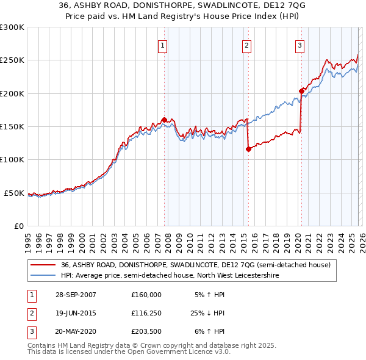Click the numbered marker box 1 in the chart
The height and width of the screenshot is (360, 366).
tap(163, 45)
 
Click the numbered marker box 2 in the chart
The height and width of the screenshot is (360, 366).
tap(246, 45)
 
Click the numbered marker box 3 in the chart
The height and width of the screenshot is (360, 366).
tap(300, 45)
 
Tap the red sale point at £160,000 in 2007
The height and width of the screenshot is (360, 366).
tap(164, 120)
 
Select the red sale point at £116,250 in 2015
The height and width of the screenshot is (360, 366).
tap(248, 149)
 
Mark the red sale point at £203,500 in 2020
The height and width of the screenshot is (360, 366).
tap(301, 91)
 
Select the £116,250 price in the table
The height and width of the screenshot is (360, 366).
tap(146, 313)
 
